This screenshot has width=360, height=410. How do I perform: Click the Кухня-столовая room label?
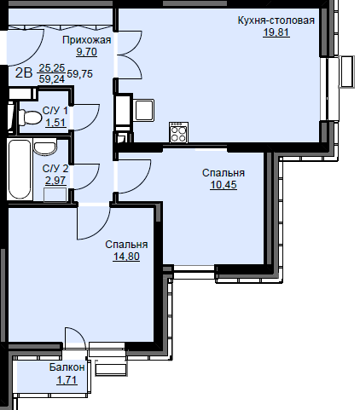tap(276, 20)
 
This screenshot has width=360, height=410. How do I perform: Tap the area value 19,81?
tap(276, 32)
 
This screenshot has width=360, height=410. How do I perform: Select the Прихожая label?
tap(86, 40)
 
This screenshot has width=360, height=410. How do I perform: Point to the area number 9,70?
tap(86, 52)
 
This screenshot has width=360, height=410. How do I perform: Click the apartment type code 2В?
tap(24, 73)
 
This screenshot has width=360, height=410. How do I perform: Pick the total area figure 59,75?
tap(80, 74)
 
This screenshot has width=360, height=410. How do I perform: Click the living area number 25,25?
tap(52, 68)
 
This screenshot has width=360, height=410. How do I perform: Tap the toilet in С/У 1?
tap(30, 118)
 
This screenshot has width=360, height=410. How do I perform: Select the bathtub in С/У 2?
tap(20, 170)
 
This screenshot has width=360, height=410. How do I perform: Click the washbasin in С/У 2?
tap(45, 147)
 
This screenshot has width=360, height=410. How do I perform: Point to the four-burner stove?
tap(179, 132)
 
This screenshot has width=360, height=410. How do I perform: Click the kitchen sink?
tap(144, 110)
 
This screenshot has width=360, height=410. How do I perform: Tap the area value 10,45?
tap(224, 185)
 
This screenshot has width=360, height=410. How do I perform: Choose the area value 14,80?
tap(126, 257)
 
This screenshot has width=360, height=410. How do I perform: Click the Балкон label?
tap(67, 367)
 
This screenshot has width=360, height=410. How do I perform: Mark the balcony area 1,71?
tap(67, 379)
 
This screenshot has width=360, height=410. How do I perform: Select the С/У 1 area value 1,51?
tap(55, 123)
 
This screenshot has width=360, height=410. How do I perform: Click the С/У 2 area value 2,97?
tap(55, 181)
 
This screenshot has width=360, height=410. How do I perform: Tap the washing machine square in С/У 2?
tap(55, 194)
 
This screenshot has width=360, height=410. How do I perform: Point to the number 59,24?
tap(52, 79)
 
